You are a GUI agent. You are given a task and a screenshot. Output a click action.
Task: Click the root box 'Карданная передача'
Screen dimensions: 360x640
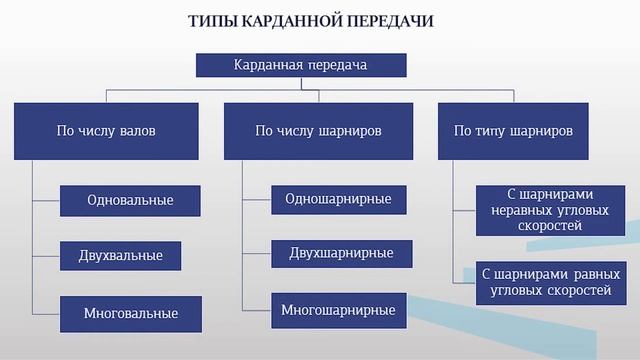point(300,65)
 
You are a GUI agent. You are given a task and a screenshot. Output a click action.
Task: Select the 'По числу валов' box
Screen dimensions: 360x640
point(106,130)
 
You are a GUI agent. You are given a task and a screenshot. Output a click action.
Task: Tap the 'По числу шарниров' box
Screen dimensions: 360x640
point(319,130)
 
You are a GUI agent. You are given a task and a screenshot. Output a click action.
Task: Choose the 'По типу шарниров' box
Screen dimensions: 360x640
point(513,130)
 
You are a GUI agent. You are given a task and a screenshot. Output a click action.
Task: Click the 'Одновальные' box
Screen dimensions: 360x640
point(130,200)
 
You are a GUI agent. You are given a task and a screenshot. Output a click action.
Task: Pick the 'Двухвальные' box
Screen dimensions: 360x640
point(120,256)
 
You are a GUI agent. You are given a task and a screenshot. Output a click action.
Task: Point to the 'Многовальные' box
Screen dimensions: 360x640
point(130,313)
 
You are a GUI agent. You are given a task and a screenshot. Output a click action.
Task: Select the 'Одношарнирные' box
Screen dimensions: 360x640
point(338,198)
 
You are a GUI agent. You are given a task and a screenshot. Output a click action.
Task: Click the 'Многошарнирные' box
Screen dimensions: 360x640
point(338,310)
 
